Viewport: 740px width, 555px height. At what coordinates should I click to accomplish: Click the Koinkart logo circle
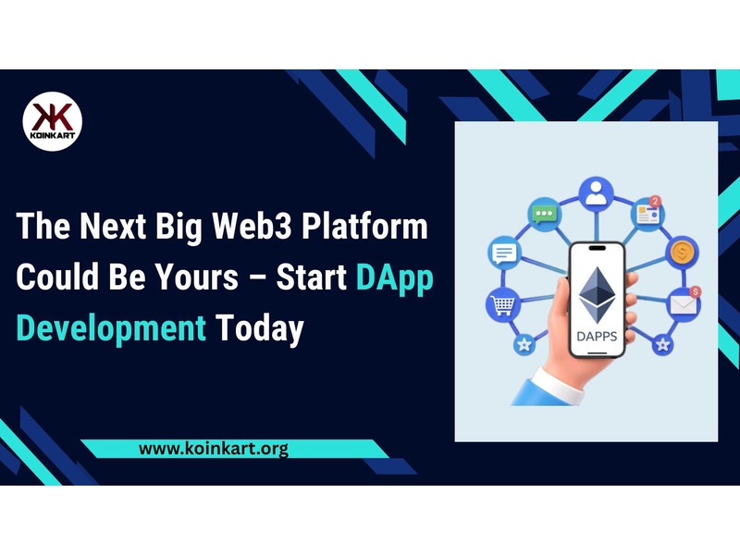53,121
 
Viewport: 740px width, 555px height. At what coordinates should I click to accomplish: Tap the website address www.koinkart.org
214,448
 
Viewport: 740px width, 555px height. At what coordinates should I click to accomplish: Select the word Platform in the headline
364,226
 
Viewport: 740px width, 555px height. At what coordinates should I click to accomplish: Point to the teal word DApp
395,278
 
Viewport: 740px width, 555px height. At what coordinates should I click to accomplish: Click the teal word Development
111,329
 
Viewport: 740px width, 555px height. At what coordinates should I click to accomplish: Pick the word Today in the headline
260,329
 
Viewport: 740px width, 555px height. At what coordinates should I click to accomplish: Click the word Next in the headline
113,226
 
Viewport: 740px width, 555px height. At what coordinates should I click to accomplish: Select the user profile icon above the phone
596,194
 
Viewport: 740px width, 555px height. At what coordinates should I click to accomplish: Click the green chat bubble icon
544,215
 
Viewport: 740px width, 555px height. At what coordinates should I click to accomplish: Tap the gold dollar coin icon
682,253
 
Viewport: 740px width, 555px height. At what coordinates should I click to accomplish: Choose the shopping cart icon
503,304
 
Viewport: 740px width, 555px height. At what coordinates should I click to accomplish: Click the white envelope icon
683,304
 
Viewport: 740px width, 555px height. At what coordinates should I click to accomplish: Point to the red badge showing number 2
655,202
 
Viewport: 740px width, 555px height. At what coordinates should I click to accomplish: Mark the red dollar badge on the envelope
696,291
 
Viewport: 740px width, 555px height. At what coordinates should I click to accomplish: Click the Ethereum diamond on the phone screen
597,294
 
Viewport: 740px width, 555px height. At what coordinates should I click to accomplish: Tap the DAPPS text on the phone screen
597,337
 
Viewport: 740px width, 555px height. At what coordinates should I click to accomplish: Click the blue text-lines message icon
504,253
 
